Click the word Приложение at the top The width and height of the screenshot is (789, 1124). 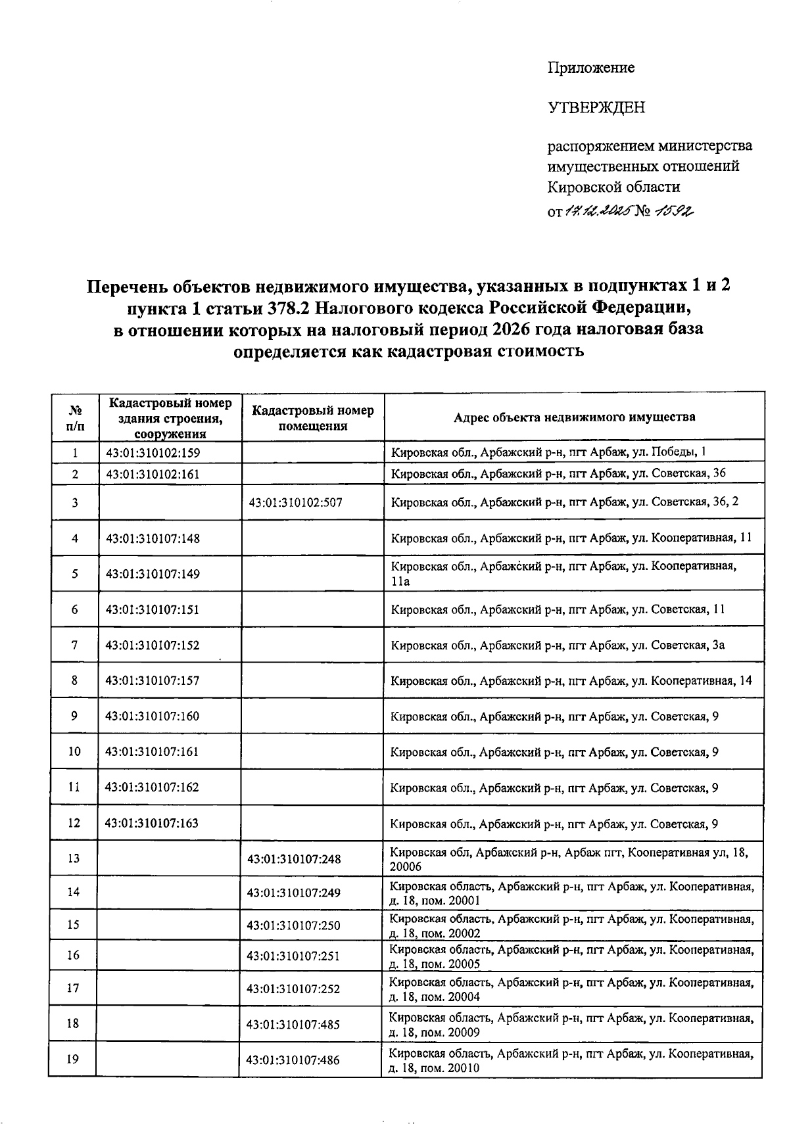[591, 68]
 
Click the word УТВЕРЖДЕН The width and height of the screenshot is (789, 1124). [596, 107]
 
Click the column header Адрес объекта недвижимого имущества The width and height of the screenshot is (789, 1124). [574, 417]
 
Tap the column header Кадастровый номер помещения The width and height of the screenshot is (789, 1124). [312, 417]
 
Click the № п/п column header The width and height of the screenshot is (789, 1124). [75, 417]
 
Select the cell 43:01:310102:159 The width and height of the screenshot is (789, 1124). [153, 452]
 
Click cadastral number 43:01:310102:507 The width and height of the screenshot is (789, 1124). [296, 503]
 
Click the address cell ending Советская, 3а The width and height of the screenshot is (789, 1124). [558, 645]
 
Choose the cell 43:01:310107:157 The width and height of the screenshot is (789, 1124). [153, 680]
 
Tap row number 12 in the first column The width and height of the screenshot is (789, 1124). [74, 823]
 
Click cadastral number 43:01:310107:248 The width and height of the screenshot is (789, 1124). [294, 858]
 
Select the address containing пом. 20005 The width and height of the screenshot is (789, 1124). [571, 956]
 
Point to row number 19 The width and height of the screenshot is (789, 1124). [74, 1059]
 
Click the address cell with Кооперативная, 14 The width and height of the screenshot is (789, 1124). [571, 680]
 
